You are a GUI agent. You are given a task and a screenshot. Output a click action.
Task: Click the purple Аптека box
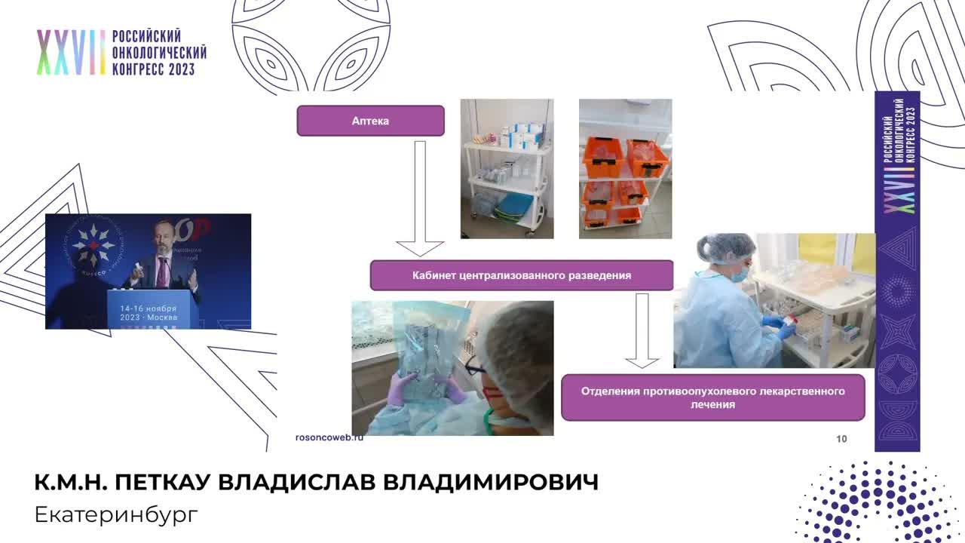370,121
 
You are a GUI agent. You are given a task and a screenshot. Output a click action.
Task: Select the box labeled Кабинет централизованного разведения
521,275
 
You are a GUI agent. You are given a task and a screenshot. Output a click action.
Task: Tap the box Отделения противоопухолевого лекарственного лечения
712,397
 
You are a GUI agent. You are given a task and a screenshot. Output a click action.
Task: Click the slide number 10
841,439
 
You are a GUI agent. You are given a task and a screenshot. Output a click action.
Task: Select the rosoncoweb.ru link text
329,437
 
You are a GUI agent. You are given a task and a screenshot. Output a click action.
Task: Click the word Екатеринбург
116,515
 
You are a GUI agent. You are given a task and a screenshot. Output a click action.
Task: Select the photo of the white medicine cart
507,169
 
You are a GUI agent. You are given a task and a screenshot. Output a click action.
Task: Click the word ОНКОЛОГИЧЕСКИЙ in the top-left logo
158,53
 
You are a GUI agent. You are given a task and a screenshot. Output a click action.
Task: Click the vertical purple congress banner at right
896,271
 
